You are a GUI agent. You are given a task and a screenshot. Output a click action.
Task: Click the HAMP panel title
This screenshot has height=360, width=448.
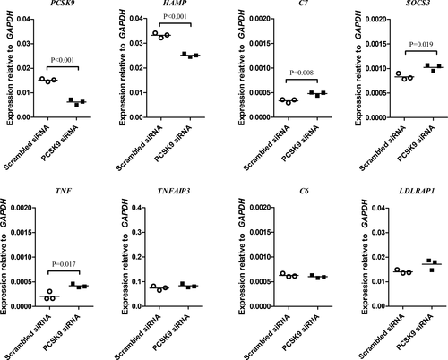pos(178,3)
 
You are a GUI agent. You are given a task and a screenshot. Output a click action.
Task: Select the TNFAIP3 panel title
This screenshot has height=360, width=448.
pos(174,191)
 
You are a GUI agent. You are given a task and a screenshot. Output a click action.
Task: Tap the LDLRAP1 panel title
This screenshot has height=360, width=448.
pos(417,191)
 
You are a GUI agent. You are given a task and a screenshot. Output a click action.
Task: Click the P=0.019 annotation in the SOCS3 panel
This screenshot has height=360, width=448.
pos(421,45)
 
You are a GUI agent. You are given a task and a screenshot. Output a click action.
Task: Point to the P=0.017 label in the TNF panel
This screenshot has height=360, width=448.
pos(64,264)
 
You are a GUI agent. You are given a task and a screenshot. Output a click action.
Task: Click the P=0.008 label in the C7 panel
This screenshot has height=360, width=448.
pos(302,73)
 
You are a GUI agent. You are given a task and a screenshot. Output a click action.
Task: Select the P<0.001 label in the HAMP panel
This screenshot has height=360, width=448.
pos(175,16)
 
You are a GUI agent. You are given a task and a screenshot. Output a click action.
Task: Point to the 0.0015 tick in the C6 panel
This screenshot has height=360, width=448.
pos(260,232)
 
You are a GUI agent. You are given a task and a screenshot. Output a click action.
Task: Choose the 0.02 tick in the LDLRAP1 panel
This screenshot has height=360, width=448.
pos(378,257)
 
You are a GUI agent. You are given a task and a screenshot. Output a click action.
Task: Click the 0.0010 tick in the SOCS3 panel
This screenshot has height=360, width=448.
pos(375,69)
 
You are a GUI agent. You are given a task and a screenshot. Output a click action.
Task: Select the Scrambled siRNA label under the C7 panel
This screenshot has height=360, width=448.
pos(266,148)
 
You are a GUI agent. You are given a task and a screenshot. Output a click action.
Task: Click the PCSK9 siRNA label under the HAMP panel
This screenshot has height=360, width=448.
pos(173,143)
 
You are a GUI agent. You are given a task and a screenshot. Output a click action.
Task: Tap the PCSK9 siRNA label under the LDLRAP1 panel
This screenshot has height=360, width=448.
pos(415,332)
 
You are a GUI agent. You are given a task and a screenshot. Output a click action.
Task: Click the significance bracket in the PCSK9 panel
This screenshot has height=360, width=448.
pos(63,67)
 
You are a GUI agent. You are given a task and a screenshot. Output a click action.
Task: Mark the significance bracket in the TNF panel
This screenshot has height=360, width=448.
pos(64,271)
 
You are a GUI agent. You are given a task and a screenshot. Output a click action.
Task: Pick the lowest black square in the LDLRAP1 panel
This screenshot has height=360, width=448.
pos(432,270)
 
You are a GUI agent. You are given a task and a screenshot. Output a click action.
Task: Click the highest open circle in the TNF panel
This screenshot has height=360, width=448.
pos(49,291)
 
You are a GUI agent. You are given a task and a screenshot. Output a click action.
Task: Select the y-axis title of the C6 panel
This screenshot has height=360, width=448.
pos(242,257)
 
